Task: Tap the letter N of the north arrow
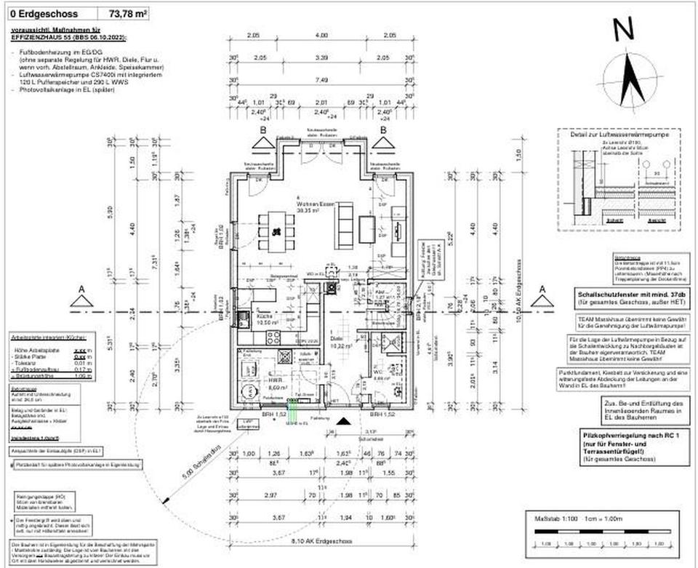(623, 30)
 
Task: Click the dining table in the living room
(275, 231)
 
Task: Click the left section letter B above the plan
(262, 129)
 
